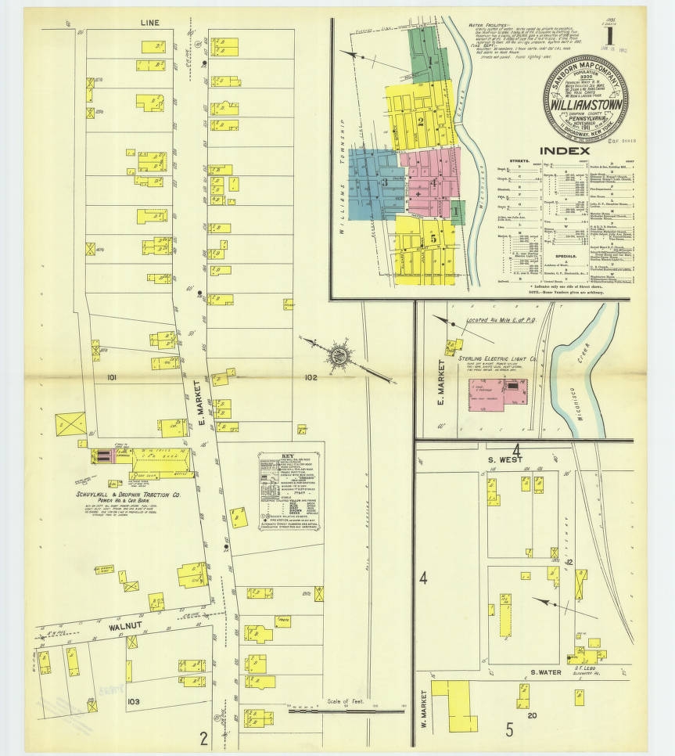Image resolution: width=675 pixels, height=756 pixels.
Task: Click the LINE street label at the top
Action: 150,23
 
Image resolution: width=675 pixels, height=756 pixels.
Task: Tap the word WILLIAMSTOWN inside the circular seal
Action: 583,103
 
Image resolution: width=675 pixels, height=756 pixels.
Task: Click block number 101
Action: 113,377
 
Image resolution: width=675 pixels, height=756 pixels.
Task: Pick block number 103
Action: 134,701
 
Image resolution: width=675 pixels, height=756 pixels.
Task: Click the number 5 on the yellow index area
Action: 422,239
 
